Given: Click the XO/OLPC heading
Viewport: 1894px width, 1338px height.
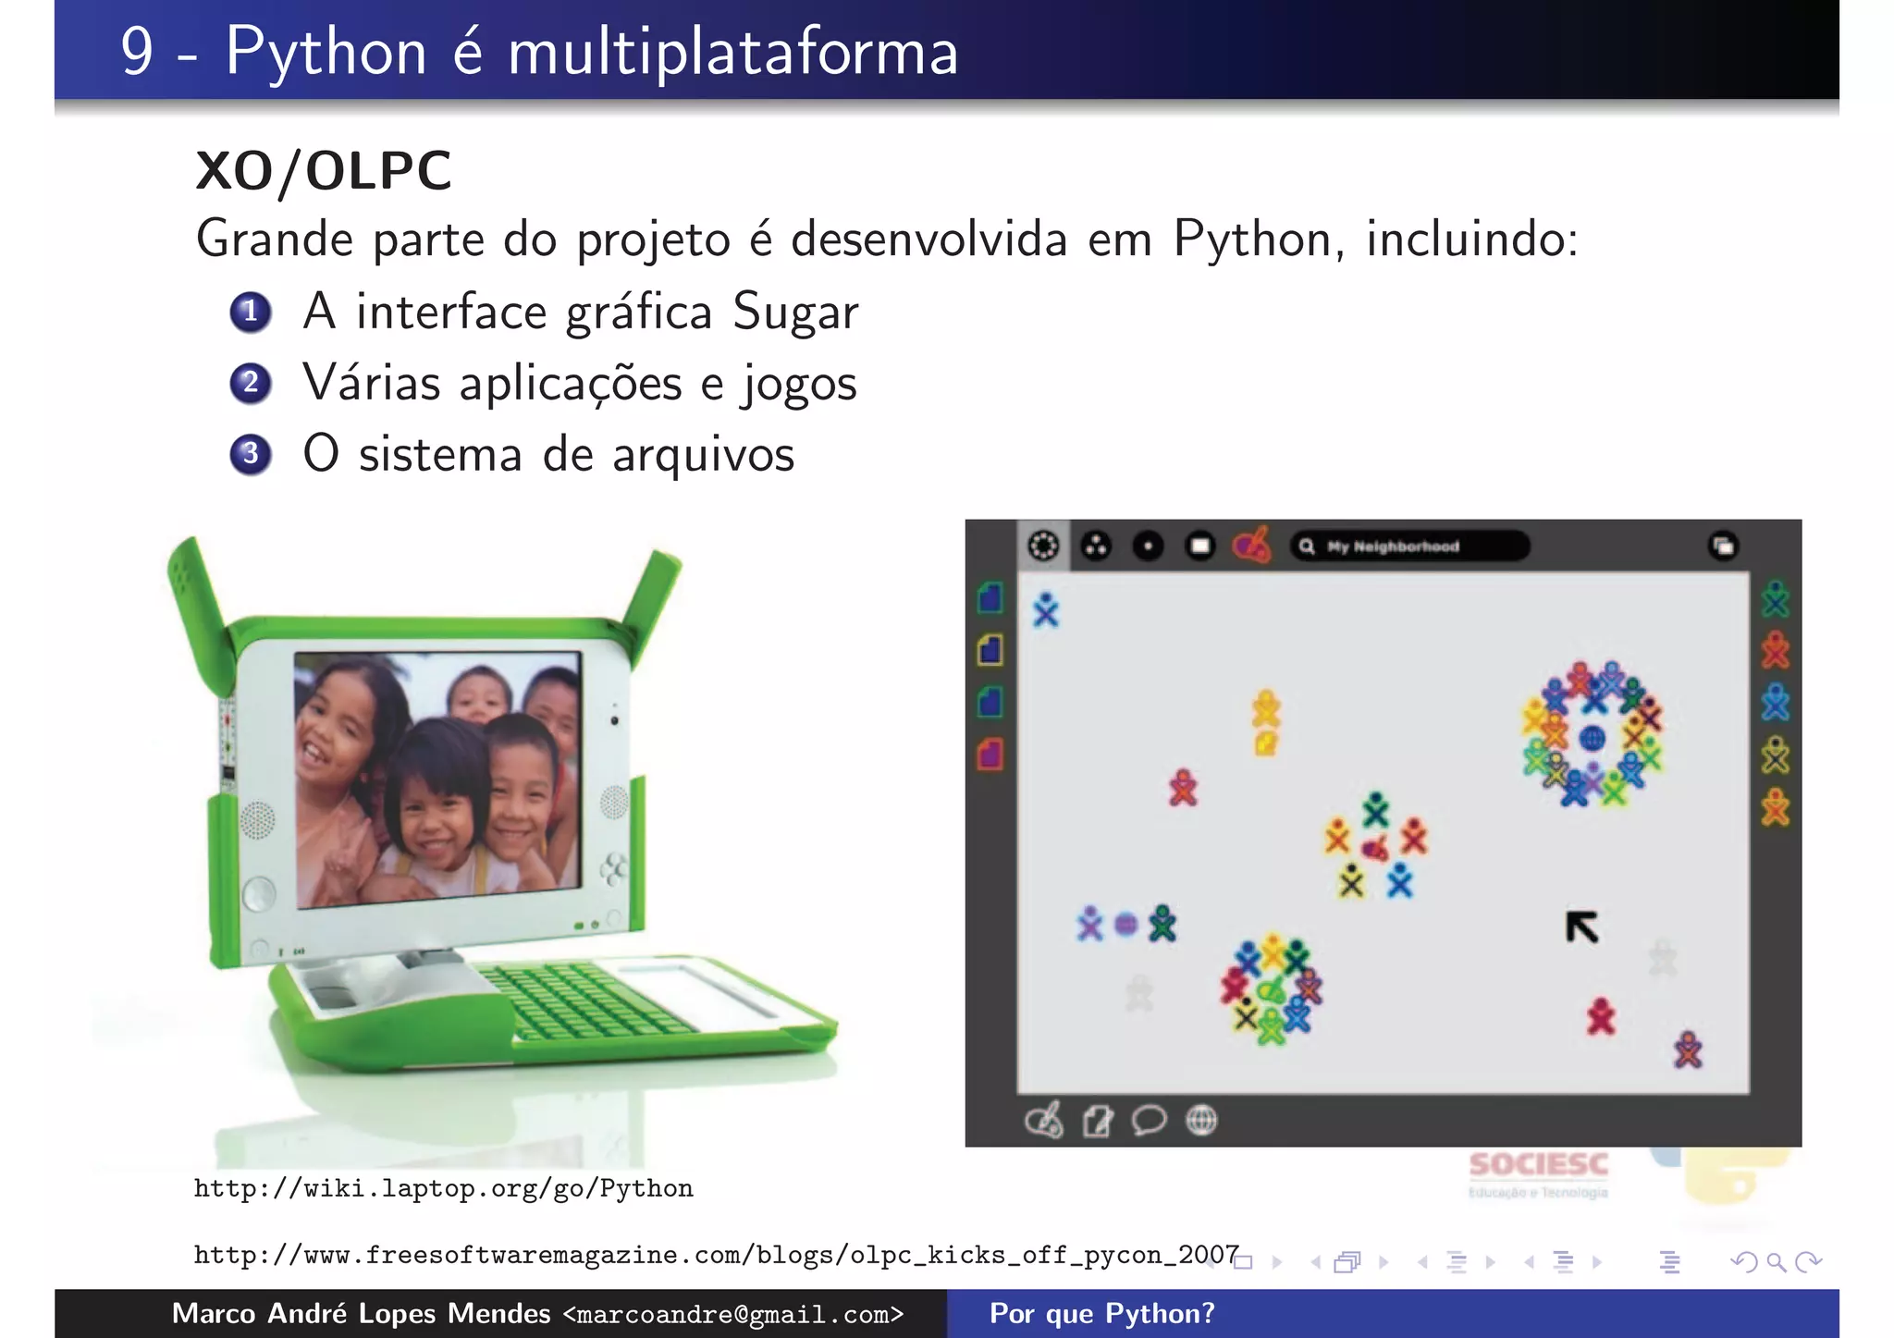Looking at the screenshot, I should click(324, 171).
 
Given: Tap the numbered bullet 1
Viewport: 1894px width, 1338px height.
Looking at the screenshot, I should click(250, 312).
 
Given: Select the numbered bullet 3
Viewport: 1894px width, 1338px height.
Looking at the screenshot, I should click(250, 454).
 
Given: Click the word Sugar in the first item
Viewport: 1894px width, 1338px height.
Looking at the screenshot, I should click(795, 312).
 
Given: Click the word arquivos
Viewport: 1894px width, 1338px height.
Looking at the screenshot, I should click(703, 455).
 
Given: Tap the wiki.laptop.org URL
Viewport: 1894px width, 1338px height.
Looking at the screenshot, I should click(443, 1188).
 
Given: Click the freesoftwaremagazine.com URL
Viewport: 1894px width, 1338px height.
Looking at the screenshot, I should click(716, 1255).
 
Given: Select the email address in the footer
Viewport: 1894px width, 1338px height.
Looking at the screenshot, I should click(732, 1314).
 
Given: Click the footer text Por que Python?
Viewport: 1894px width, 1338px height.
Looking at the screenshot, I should click(1101, 1314).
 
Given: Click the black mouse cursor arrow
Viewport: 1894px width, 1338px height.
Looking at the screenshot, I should click(1581, 927).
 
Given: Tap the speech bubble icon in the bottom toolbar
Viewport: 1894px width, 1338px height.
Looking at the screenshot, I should click(1149, 1121).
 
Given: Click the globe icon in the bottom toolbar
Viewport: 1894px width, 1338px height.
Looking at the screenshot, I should click(1201, 1121).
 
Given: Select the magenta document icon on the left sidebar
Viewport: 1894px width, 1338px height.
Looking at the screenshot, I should click(990, 755).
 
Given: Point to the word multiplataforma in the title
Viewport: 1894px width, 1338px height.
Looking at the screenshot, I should click(732, 52).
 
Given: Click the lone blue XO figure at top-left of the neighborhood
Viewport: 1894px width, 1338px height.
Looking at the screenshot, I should click(1046, 610).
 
